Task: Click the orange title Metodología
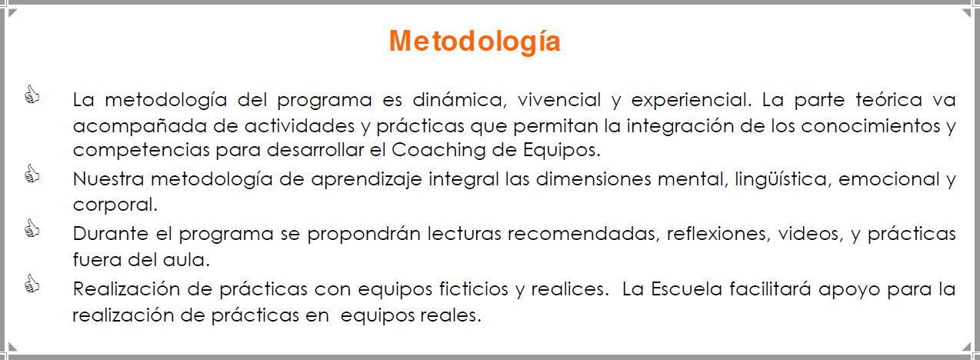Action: pyautogui.click(x=475, y=42)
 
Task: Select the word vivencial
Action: pyautogui.click(x=559, y=100)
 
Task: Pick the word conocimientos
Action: pyautogui.click(x=871, y=126)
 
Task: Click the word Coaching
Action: pyautogui.click(x=438, y=151)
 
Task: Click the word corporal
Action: pyautogui.click(x=115, y=205)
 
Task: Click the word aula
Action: pyautogui.click(x=186, y=260)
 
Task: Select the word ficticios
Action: pyautogui.click(x=474, y=289)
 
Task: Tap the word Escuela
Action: pyautogui.click(x=686, y=289)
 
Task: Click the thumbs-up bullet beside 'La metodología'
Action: pyautogui.click(x=32, y=95)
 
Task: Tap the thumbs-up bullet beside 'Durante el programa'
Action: pyautogui.click(x=32, y=228)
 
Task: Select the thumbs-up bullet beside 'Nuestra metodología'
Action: pyautogui.click(x=32, y=174)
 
